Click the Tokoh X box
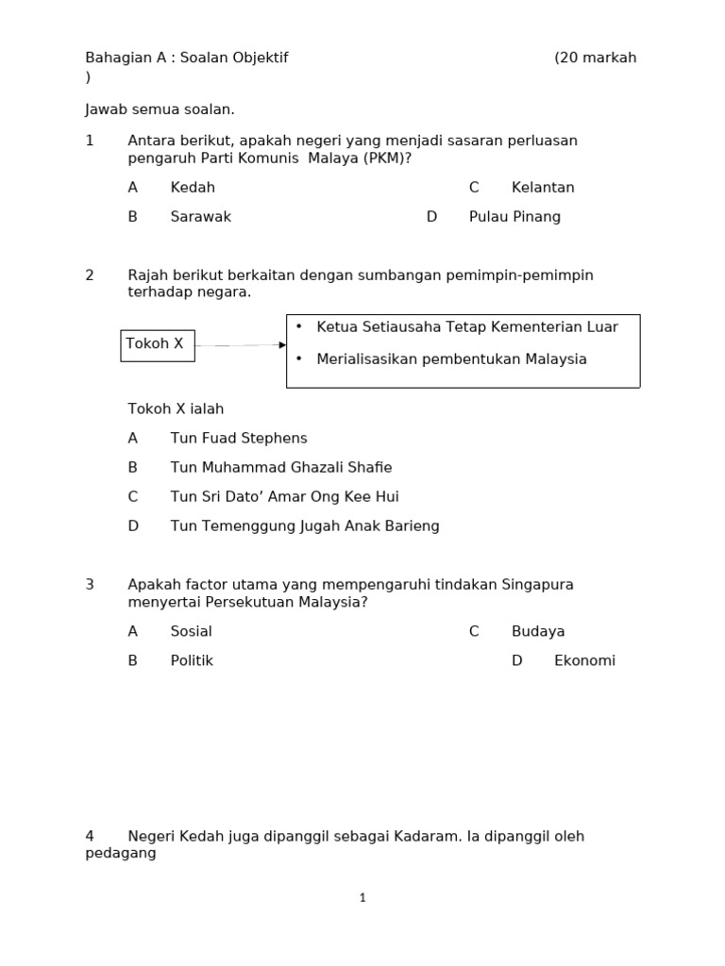[157, 345]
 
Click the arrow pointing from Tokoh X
[240, 345]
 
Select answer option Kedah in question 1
[193, 188]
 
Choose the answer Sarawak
[200, 217]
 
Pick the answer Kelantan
[543, 188]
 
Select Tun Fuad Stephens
[239, 439]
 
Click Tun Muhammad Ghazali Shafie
[280, 468]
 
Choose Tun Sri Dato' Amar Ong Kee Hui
[284, 497]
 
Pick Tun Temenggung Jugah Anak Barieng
[305, 526]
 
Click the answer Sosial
[191, 632]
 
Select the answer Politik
[192, 661]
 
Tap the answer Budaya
[538, 632]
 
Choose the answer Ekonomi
[584, 661]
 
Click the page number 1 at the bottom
[362, 898]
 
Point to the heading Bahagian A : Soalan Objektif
[187, 58]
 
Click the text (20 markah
[595, 58]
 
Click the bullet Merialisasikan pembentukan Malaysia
[451, 359]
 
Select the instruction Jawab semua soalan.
[160, 110]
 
